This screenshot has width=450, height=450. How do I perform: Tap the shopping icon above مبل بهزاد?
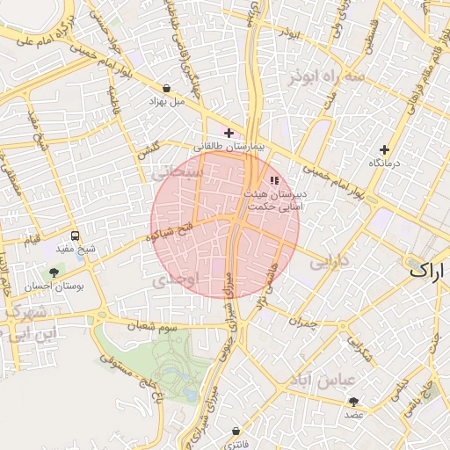click(167, 88)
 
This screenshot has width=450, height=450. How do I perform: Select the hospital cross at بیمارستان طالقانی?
click(229, 134)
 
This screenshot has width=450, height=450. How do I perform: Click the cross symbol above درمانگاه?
click(383, 149)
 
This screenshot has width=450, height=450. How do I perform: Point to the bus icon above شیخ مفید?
click(75, 236)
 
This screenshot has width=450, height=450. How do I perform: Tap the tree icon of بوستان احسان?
click(55, 273)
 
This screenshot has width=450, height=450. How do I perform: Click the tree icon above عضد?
click(354, 401)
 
